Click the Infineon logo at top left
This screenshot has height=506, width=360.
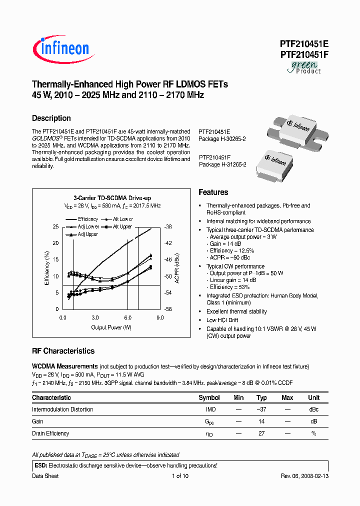(61, 48)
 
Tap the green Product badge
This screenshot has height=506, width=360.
(304, 68)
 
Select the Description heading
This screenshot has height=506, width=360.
(51, 118)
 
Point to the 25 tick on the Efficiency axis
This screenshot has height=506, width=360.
(55, 226)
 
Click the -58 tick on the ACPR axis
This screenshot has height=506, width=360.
(168, 309)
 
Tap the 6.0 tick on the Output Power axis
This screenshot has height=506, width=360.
(127, 317)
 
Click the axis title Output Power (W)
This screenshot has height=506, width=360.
(111, 327)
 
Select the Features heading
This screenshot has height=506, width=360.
(213, 192)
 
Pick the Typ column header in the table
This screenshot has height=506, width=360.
(261, 397)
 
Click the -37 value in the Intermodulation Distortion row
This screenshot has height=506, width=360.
(261, 409)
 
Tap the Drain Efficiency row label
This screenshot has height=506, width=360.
(50, 433)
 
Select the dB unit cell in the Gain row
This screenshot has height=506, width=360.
(313, 421)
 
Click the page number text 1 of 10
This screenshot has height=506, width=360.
(179, 476)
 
